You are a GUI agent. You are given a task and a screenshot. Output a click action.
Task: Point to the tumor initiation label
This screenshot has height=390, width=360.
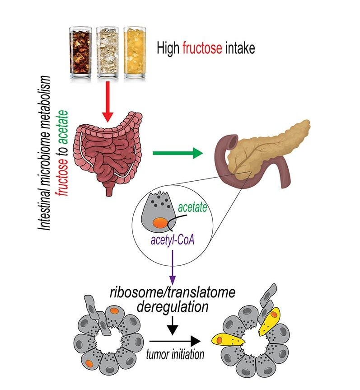click(175, 355)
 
